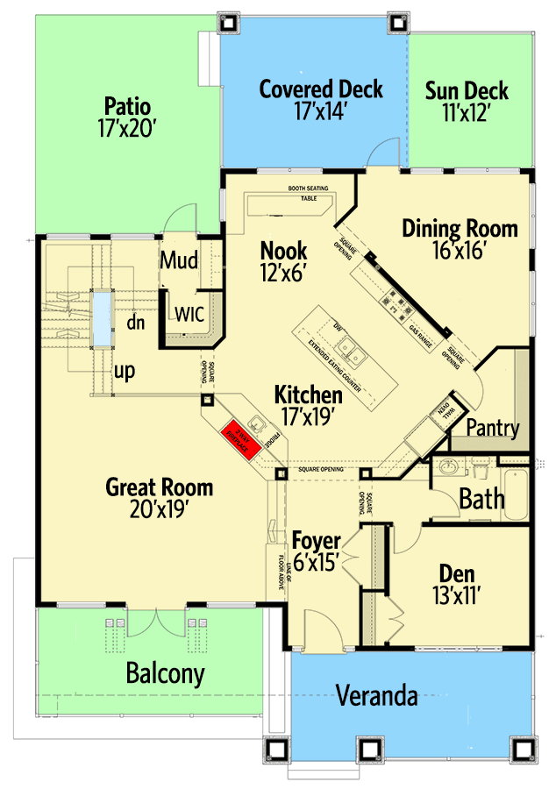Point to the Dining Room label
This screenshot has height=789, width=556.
click(460, 229)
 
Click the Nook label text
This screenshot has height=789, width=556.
click(283, 252)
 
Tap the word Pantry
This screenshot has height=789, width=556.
click(493, 429)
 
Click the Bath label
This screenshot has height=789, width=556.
click(481, 500)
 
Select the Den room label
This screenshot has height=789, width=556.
click(457, 574)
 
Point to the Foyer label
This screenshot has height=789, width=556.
click(316, 538)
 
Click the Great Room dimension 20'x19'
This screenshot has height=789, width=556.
click(159, 508)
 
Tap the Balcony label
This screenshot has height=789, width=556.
click(165, 674)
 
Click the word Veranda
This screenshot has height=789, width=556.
click(376, 697)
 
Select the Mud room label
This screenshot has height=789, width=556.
click(178, 260)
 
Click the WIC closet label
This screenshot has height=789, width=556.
click(190, 314)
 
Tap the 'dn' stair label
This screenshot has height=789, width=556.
click(135, 322)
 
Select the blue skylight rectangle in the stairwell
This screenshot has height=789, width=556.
click(103, 317)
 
